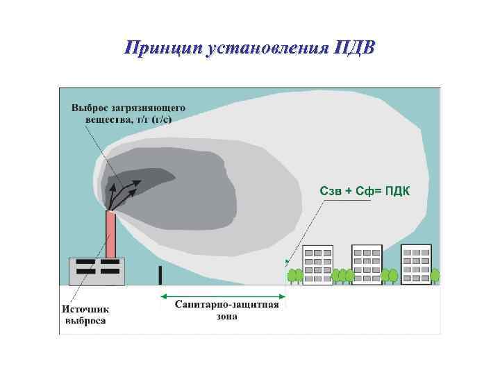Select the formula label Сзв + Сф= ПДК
point(364,190)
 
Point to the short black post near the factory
point(160,275)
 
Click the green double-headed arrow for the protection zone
point(224,296)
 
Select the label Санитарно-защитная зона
point(227,310)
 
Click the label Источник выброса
point(87,315)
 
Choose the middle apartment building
point(367,263)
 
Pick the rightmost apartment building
point(415,263)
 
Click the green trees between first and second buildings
point(342,276)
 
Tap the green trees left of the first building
point(295,276)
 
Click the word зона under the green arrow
point(226,317)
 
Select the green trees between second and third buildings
point(390,276)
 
